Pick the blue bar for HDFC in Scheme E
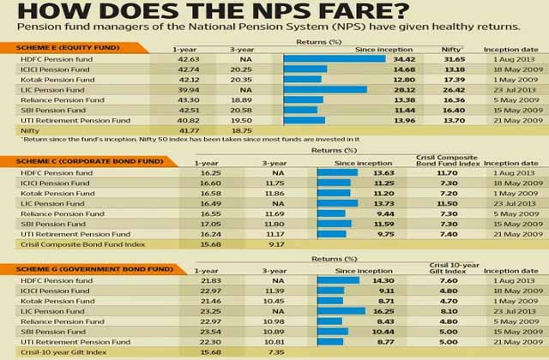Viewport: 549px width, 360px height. [x=334, y=58]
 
